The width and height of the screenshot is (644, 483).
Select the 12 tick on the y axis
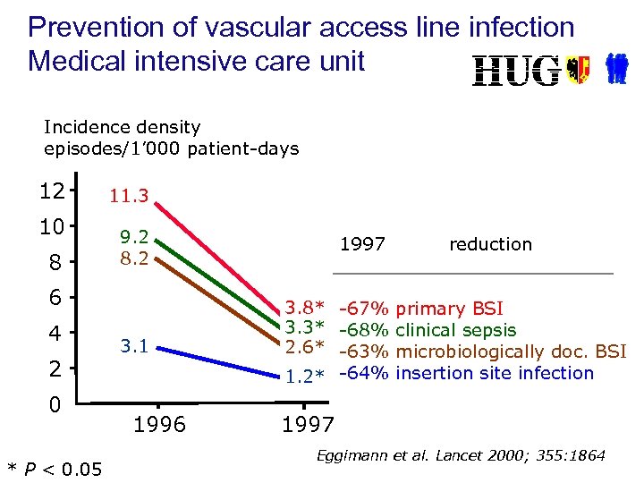(52, 191)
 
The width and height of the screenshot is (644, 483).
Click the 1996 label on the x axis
(159, 425)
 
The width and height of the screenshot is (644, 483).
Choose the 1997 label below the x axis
(308, 425)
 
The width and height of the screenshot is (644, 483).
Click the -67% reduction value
(365, 309)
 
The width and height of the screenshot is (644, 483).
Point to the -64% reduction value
(365, 373)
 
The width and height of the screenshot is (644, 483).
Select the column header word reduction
(490, 244)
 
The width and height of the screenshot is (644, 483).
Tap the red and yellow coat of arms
(579, 70)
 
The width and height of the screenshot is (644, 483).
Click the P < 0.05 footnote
(55, 467)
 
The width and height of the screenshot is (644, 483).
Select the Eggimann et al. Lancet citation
(461, 456)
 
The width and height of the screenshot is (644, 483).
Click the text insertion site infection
(495, 373)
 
